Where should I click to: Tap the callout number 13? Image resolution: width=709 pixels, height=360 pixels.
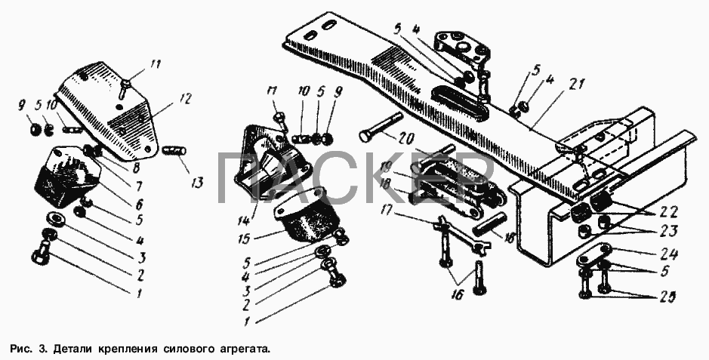point(197,182)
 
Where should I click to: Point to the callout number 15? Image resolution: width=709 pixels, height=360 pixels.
point(245,238)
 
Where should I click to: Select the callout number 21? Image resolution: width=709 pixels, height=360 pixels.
point(577,84)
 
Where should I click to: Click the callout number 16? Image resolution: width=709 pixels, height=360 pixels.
point(456,295)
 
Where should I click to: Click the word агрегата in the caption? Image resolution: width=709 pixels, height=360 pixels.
point(244,349)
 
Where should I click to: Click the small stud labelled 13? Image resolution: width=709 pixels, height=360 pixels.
point(175,150)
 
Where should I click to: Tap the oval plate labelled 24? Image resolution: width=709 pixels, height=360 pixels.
point(594,255)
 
